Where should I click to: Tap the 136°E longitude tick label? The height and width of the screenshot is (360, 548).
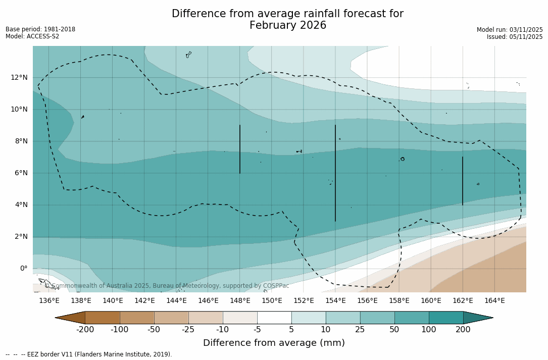(49, 301)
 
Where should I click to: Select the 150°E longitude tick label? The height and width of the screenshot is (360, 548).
(272, 301)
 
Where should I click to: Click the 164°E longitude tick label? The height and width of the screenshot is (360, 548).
(494, 301)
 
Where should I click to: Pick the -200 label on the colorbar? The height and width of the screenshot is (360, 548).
(85, 330)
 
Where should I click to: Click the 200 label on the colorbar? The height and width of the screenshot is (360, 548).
(463, 330)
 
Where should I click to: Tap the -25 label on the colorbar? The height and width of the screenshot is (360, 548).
(188, 330)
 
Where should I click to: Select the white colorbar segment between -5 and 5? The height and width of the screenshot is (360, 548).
(274, 318)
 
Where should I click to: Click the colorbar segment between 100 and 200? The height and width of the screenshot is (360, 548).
(446, 318)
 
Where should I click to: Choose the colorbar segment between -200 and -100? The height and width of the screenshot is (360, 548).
(103, 318)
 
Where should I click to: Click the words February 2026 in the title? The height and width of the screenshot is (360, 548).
(288, 25)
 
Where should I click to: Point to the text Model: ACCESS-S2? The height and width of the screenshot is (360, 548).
(32, 36)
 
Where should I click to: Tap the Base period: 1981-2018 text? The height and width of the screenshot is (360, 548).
(40, 29)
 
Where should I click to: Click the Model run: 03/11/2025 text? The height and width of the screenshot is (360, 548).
(510, 30)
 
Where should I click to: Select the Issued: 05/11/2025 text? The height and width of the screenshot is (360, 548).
(515, 37)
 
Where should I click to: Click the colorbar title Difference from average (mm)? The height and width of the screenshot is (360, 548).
(274, 343)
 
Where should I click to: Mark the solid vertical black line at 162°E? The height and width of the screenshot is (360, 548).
(463, 181)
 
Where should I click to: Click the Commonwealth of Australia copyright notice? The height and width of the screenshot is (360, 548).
(167, 286)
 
